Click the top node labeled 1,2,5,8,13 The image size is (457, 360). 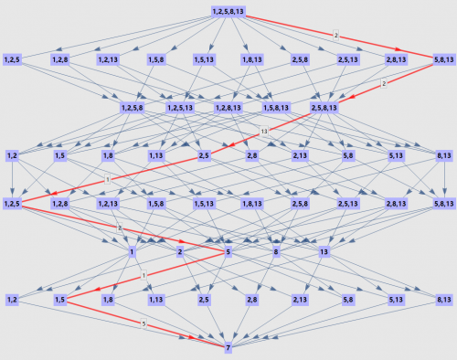tap(228, 12)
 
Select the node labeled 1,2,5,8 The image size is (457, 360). tap(133, 108)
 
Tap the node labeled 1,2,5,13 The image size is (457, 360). tap(180, 108)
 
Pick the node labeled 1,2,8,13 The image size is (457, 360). tap(228, 108)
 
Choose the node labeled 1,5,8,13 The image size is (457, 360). tap(276, 108)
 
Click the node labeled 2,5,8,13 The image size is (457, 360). tap(324, 108)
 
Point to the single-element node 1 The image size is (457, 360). tap(132, 252)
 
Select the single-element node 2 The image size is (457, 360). tap(180, 252)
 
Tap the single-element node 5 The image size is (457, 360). tap(228, 252)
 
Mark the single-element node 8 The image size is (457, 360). tap(276, 252)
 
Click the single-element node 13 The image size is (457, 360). tap(324, 252)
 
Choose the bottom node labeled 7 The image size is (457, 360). tap(228, 348)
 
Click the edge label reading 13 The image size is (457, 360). tap(264, 132)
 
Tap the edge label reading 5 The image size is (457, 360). tap(143, 323)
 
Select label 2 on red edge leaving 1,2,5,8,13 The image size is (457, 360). tap(336, 36)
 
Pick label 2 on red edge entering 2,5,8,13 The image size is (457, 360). tap(384, 83)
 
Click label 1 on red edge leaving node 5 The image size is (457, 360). tap(143, 276)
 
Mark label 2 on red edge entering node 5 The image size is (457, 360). tap(120, 228)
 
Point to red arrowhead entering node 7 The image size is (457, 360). tap(191, 337)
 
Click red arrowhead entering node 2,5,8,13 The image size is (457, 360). tap(352, 97)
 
